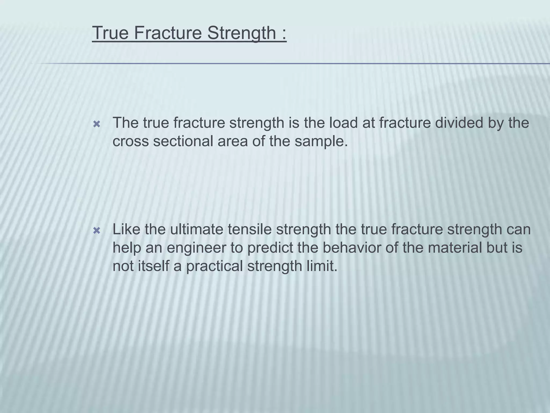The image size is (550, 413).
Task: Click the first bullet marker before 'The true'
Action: (x=96, y=124)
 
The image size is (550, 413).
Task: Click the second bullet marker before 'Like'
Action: (x=96, y=231)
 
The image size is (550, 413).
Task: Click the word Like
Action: (x=126, y=229)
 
